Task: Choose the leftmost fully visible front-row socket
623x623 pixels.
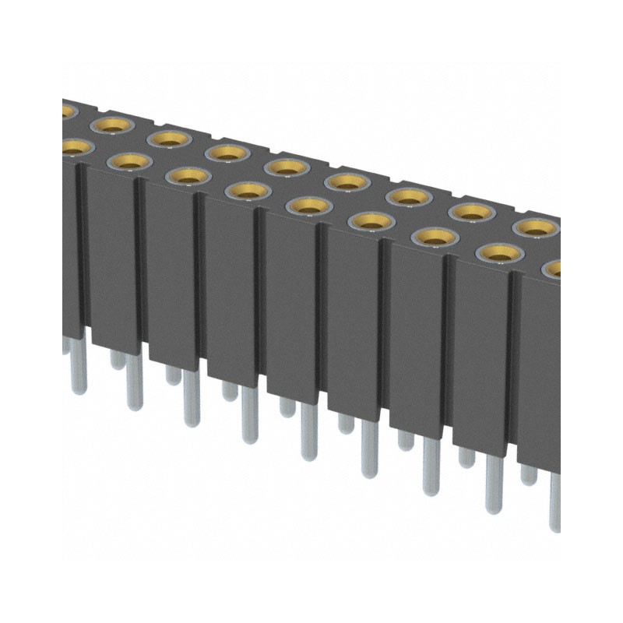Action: [129, 161]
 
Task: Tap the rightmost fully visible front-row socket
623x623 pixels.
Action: [498, 252]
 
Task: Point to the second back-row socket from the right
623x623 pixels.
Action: [471, 210]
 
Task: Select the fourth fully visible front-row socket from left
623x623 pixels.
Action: [308, 205]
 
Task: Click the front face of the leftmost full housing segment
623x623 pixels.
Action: [113, 257]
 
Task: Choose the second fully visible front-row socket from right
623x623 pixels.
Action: [435, 236]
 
